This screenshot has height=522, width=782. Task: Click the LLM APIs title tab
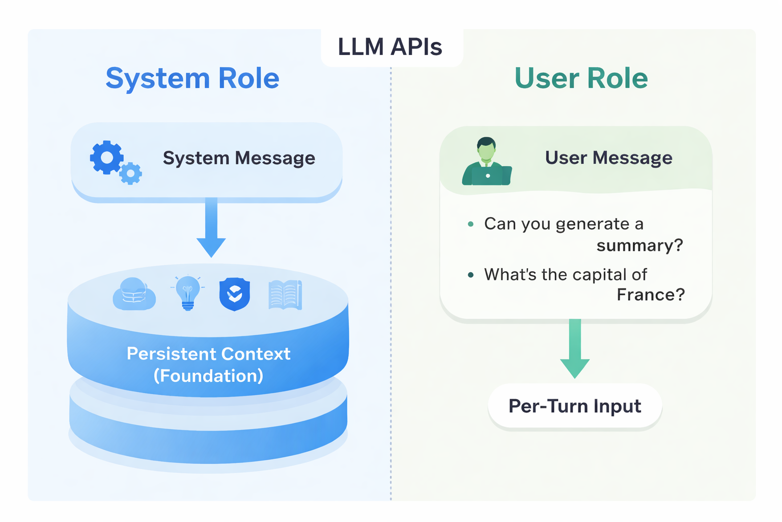pos(390,47)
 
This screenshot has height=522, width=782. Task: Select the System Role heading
pos(192,79)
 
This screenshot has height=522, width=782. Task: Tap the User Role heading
pos(581,79)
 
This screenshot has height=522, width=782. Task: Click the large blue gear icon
pos(106,158)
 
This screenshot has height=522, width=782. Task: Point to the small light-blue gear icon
pos(131,174)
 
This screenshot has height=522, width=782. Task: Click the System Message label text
pos(239,158)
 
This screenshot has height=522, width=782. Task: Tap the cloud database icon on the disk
pos(134,294)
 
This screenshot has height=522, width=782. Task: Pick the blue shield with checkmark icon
pos(235,294)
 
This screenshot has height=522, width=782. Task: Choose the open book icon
pos(285,295)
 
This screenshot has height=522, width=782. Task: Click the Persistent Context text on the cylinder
pos(208,354)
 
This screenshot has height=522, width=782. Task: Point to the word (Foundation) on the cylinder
pos(208,376)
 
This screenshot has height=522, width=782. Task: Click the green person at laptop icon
pos(487,162)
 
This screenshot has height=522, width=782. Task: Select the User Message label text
pos(608,158)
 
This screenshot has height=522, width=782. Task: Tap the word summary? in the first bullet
pos(639,246)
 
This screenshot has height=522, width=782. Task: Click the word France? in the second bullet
pos(651,295)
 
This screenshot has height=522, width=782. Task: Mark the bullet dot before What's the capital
pos(470,275)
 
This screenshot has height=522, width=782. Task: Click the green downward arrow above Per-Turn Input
pos(575,350)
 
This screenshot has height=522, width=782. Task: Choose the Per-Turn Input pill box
pos(575,406)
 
